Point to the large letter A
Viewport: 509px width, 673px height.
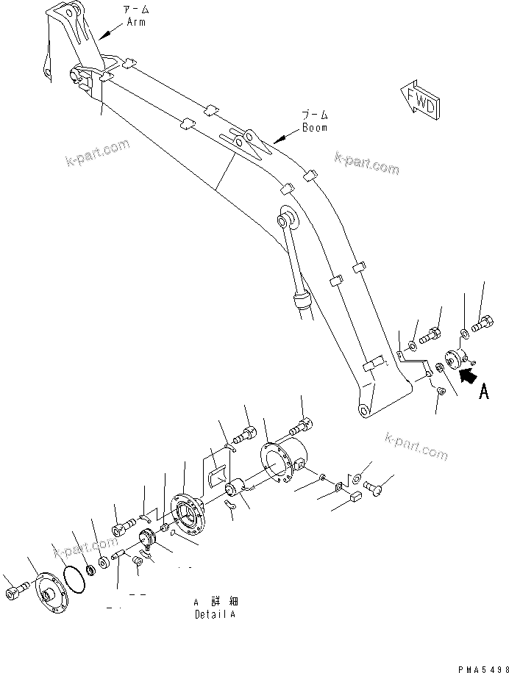click(x=483, y=392)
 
